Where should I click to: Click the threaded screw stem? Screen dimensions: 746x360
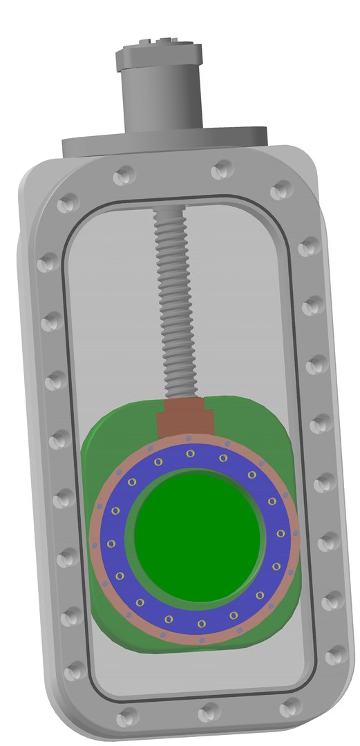click(x=172, y=304)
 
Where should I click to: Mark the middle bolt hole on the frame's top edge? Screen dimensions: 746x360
click(x=222, y=168)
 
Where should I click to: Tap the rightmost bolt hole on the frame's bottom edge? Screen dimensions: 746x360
click(x=291, y=705)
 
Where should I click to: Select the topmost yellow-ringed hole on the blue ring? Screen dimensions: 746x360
click(x=189, y=453)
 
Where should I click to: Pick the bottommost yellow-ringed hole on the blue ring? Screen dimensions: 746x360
click(x=201, y=624)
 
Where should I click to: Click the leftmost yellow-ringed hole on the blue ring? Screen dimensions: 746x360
click(x=111, y=544)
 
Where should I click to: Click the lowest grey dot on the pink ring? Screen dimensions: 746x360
click(x=202, y=640)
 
